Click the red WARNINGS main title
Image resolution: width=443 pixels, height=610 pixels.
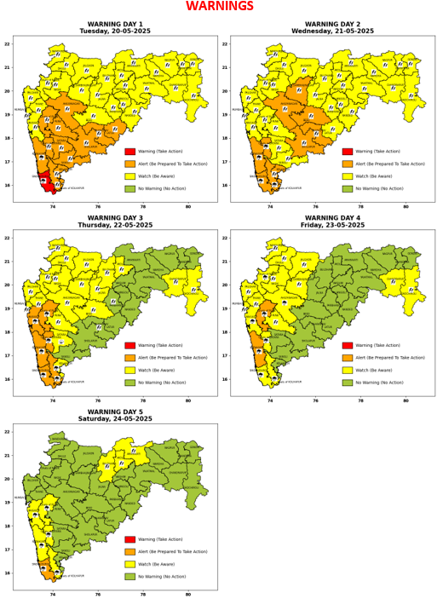click(x=219, y=7)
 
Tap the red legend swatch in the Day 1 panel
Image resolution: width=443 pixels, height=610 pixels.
click(x=129, y=151)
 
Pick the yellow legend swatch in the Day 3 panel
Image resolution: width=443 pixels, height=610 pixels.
click(x=129, y=370)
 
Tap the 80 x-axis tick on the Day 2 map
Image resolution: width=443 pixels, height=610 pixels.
click(x=406, y=207)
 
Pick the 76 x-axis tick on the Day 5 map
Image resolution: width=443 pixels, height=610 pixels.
click(x=98, y=595)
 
